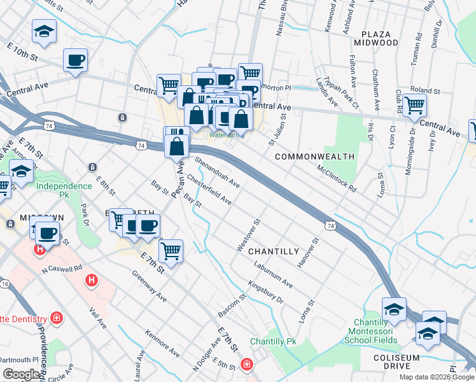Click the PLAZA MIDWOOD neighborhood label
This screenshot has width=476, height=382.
coord(379,38)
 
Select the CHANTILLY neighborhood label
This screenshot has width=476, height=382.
coord(273,251)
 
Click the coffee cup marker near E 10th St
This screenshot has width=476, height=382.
coord(76,60)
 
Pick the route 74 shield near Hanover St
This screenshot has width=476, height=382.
coord(330,225)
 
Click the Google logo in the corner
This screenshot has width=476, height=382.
coord(22,374)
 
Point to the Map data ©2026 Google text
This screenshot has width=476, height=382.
coord(437,377)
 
